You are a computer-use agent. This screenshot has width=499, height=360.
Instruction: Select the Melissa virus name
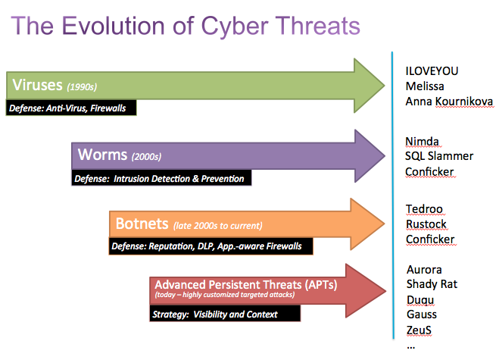425,86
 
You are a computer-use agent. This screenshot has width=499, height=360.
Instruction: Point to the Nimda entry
422,142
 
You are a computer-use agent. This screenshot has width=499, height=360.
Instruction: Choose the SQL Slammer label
439,156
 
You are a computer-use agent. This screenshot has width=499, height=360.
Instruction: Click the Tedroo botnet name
424,210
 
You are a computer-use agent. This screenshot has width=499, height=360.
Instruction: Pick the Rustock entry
426,225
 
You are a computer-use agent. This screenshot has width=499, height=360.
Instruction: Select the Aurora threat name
424,270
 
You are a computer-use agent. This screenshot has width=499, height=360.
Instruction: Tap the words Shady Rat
432,285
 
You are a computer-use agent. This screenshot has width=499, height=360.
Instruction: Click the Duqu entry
420,300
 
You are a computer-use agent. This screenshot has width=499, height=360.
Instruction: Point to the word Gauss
422,315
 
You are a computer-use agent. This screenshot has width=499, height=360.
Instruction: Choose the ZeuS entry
420,330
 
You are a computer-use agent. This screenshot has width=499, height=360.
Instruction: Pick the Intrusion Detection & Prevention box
161,179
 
